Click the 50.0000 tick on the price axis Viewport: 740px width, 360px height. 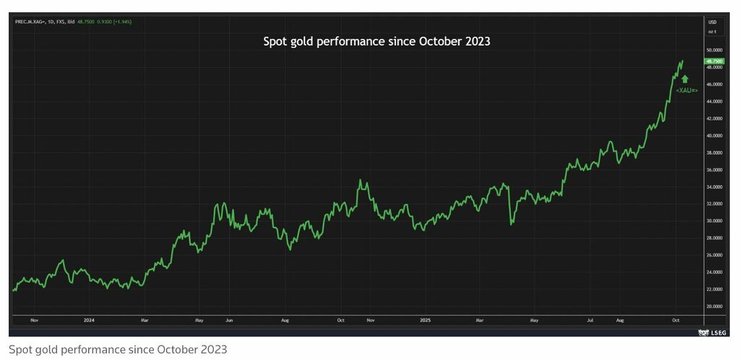[715, 51]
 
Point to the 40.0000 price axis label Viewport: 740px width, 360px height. [715, 136]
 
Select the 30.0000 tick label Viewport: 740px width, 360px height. [715, 221]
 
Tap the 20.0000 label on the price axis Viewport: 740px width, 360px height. [715, 307]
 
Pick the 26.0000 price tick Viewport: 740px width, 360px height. [715, 255]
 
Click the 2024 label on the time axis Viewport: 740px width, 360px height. [89, 319]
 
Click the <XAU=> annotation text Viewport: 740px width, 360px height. [687, 91]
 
